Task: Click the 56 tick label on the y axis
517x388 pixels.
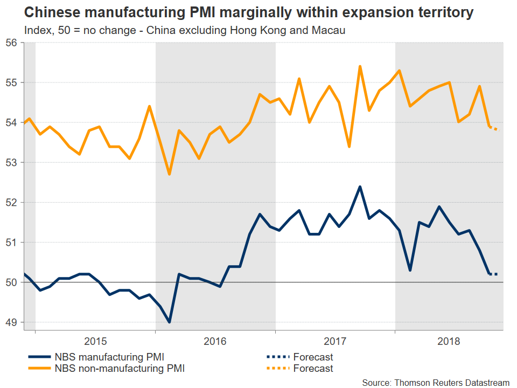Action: (12, 43)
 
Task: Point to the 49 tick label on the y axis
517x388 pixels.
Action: (12, 322)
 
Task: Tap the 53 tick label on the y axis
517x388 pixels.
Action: (12, 162)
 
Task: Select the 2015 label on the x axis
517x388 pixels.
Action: (95, 341)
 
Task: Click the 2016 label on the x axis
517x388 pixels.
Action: (215, 341)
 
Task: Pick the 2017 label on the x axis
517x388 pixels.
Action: (335, 341)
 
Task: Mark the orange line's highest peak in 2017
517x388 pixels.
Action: (360, 66)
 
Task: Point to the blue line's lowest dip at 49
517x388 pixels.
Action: (170, 322)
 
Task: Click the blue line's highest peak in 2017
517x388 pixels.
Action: (360, 186)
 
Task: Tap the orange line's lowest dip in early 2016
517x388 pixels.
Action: (170, 174)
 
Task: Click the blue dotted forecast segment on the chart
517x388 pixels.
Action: (493, 274)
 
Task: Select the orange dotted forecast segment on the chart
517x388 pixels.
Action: (493, 128)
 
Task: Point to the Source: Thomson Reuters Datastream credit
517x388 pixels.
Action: (435, 382)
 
